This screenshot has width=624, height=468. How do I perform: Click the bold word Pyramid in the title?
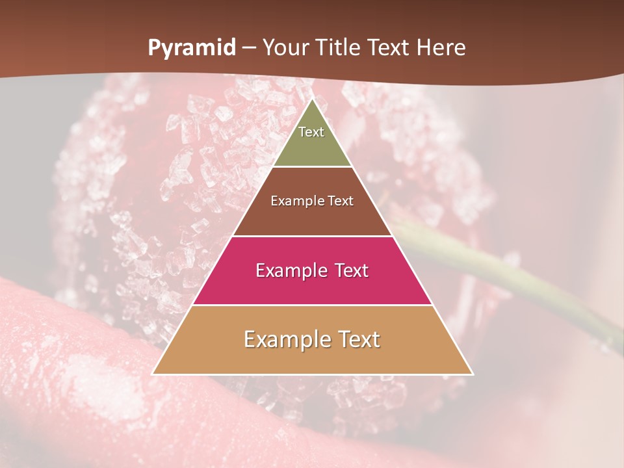(192, 48)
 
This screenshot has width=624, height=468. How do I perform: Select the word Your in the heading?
(284, 48)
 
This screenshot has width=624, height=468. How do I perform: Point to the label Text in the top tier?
(311, 132)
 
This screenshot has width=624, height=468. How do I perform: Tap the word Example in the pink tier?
(286, 270)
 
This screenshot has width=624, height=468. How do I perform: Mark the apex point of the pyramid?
(312, 99)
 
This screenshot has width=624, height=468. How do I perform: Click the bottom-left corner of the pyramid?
(153, 374)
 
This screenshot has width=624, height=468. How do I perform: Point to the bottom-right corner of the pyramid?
(473, 374)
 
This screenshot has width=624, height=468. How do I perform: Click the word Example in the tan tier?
(283, 339)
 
